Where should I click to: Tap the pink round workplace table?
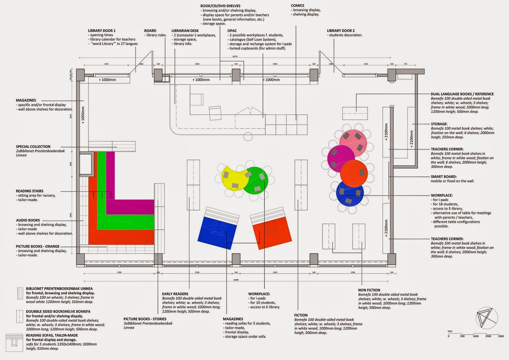[353, 141]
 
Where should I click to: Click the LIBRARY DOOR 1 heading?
[102, 31]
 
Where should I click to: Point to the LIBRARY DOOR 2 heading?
[341, 31]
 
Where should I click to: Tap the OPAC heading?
[232, 31]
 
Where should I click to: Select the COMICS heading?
[297, 5]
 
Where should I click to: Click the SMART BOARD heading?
[443, 176]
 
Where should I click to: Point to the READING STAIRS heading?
[30, 191]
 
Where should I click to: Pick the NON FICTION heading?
[369, 290]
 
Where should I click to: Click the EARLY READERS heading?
[175, 294]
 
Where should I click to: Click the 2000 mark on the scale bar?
[501, 336]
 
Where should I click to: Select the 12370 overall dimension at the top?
[235, 56]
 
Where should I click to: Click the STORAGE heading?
[439, 124]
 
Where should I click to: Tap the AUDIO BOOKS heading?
[28, 220]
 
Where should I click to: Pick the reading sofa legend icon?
[14, 342]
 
